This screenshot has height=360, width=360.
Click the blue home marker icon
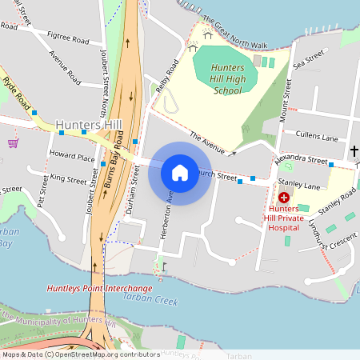pyautogui.click(x=180, y=173)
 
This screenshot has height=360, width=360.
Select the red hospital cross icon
pyautogui.click(x=283, y=197)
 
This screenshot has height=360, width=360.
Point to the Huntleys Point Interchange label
pyautogui.click(x=99, y=288)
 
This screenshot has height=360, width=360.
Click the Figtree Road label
pyautogui.click(x=67, y=38)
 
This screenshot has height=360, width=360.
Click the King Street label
pyautogui.click(x=66, y=176)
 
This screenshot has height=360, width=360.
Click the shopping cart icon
pyautogui.click(x=13, y=143)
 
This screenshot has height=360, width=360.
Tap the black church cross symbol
pyautogui.click(x=354, y=150)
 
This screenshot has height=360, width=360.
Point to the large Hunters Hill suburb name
pyautogui.click(x=88, y=126)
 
